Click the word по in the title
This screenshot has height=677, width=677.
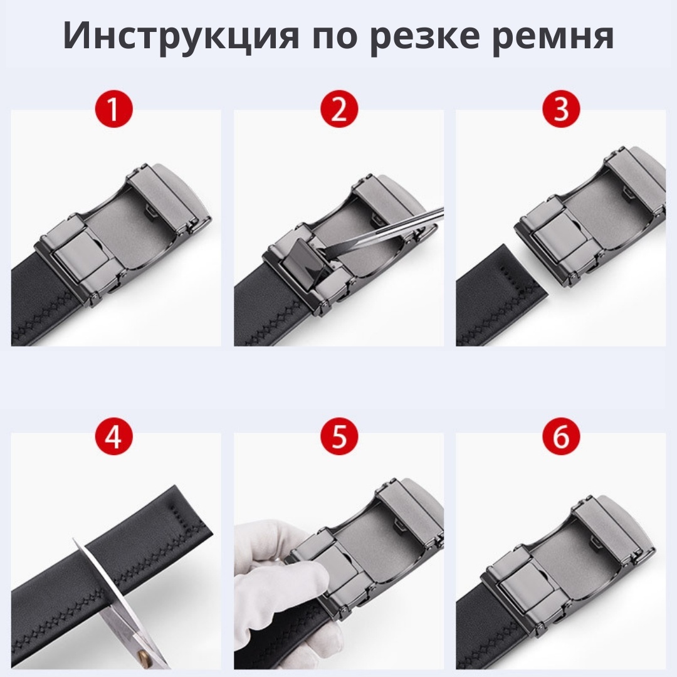click(x=335, y=36)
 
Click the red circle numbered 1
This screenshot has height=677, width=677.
click(x=113, y=108)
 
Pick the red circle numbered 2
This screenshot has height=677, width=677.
click(x=339, y=108)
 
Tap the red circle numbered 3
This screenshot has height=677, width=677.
click(x=561, y=108)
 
